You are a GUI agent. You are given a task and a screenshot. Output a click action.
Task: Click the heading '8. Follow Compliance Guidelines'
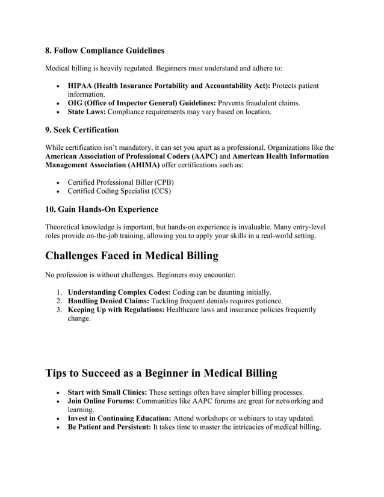point(105,50)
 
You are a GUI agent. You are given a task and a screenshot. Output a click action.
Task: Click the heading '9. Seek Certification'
point(82,129)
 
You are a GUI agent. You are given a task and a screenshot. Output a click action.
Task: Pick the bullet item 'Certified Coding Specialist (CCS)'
point(119,191)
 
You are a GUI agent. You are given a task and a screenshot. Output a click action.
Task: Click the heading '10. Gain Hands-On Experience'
point(102,209)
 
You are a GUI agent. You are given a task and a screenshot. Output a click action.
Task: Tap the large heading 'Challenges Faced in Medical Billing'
point(132,256)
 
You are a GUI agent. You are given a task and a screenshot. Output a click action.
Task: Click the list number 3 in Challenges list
point(60,310)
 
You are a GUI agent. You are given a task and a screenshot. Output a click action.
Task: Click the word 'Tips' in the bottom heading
point(59,373)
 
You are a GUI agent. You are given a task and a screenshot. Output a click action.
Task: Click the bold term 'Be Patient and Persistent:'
point(110,427)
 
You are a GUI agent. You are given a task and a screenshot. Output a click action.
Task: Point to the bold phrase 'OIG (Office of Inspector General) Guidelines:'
point(141,103)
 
